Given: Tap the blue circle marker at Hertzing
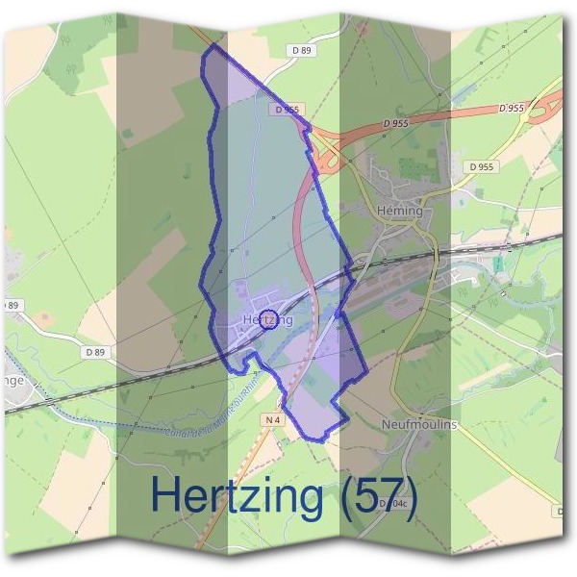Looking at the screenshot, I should [269, 319].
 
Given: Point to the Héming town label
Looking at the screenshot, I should [400, 211].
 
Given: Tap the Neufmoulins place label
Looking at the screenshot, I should [418, 424].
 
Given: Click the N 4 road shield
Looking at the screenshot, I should [272, 420].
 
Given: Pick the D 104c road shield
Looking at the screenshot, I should [394, 503].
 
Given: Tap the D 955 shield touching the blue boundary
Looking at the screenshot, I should [287, 110].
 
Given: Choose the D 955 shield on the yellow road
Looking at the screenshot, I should [483, 166].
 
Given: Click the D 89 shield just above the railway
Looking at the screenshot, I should [94, 353].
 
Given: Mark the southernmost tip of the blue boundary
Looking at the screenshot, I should [320, 439].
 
